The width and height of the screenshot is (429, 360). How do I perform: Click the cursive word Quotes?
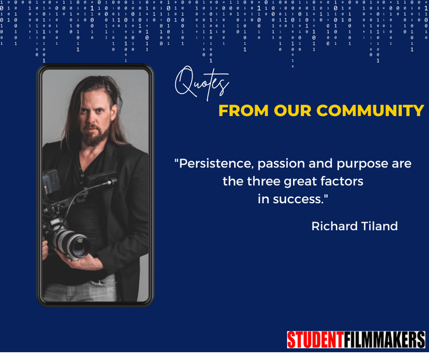click(202, 83)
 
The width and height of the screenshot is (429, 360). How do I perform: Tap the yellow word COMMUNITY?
click(370, 111)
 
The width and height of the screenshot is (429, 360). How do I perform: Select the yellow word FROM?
click(244, 111)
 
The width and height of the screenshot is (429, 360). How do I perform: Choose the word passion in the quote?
click(281, 165)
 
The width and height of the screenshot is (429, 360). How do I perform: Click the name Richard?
click(335, 226)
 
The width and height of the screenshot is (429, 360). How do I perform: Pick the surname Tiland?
click(380, 226)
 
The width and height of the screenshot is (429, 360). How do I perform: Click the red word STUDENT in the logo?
click(315, 340)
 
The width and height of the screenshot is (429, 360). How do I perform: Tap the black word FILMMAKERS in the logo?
click(384, 340)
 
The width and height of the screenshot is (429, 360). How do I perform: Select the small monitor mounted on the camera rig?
click(51, 181)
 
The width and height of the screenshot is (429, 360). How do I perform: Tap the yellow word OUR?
click(293, 111)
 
